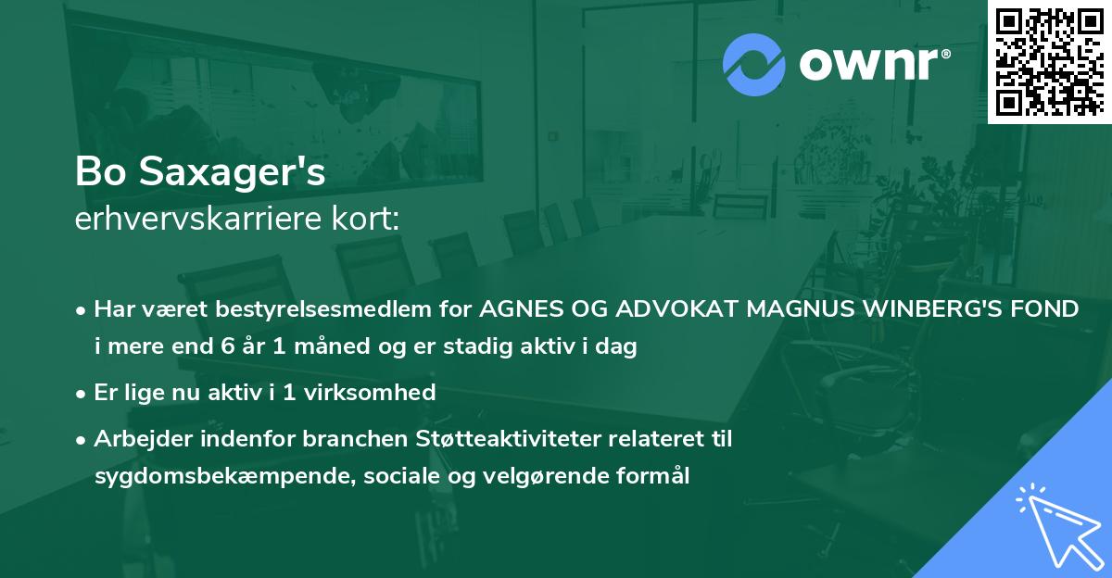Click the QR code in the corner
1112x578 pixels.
pos(1050,60)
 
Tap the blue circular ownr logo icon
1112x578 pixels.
pos(752,65)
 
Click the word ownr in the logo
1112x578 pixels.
pos(872,65)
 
